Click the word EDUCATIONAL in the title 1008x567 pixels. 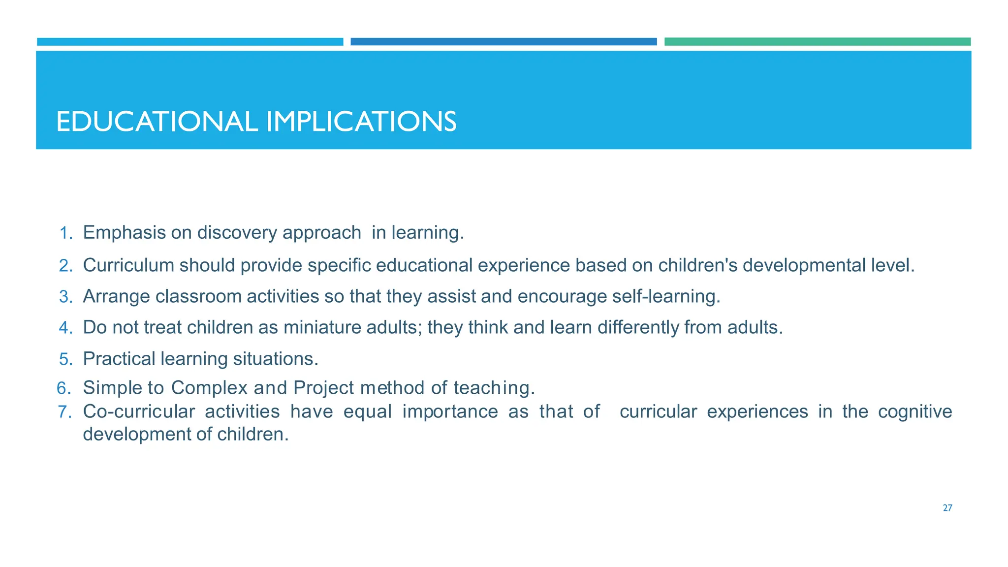[157, 122]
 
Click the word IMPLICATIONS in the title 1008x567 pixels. [361, 122]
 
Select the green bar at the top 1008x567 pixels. [817, 42]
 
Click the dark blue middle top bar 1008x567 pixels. [503, 42]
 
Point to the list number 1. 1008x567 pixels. [65, 233]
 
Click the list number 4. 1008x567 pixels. [65, 328]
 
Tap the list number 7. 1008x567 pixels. [65, 412]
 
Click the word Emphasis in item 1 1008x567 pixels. [124, 233]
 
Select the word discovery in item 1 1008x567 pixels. [237, 233]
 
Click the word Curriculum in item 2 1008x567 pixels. [128, 266]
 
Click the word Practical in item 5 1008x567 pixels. [119, 359]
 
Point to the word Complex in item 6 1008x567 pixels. [209, 388]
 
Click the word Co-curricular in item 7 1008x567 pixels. [139, 411]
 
